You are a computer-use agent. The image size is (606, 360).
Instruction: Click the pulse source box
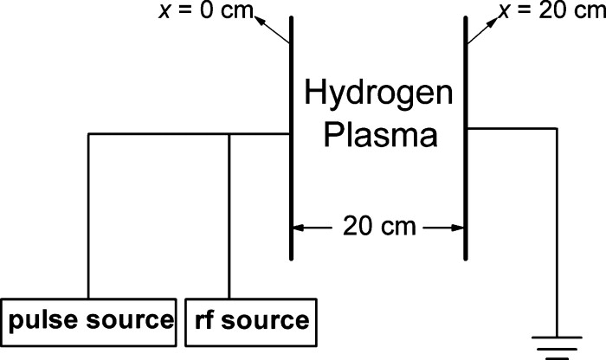(x=90, y=320)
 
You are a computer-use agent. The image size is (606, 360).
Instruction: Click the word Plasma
(x=377, y=136)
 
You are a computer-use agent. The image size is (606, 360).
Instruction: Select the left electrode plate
(x=290, y=138)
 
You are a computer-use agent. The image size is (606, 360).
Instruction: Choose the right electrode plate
(x=466, y=138)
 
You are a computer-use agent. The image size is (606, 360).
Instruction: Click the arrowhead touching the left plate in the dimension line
(x=298, y=228)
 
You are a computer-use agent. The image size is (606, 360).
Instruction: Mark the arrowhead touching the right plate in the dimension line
(x=458, y=228)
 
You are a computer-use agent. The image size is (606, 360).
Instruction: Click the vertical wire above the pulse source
(x=88, y=216)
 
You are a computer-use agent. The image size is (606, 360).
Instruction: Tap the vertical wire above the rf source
(x=229, y=216)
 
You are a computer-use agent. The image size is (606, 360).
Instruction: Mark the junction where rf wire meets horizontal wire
(x=229, y=134)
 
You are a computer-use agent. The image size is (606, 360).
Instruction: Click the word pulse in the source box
(x=40, y=320)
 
